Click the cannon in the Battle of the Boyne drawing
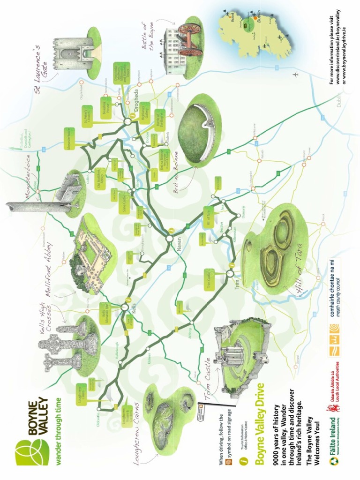pyautogui.click(x=189, y=40)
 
